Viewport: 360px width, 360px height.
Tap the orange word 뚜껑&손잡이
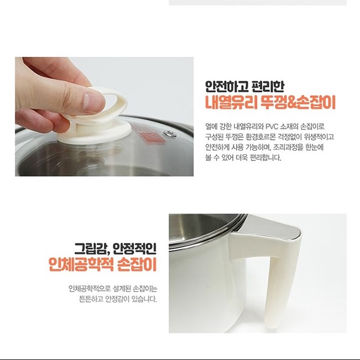pyautogui.click(x=299, y=103)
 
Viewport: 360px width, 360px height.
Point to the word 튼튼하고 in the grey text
pyautogui.click(x=90, y=300)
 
